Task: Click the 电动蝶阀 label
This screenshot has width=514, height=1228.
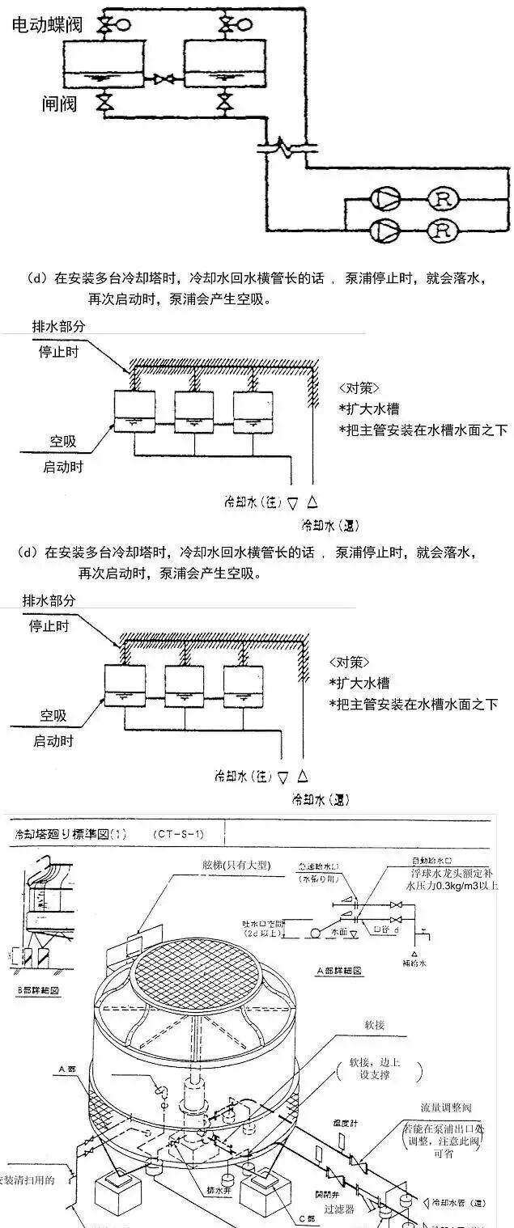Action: click(48, 25)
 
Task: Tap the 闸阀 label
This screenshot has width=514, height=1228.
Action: click(60, 104)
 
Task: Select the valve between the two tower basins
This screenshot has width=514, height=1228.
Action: click(165, 79)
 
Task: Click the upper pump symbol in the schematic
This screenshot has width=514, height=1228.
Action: click(383, 198)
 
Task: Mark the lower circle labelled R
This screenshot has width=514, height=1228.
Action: click(441, 231)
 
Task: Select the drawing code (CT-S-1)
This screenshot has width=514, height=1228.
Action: click(179, 832)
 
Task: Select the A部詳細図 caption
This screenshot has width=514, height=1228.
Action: click(341, 970)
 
